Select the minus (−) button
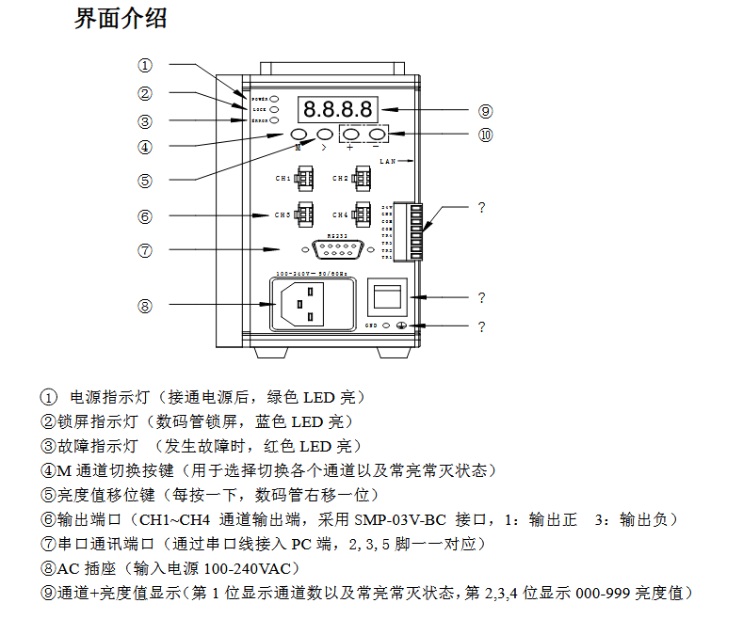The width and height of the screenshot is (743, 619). (377, 135)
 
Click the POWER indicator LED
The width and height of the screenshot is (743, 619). (274, 98)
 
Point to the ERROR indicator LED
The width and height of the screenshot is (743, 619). (274, 121)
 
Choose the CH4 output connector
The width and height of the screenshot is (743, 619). (362, 214)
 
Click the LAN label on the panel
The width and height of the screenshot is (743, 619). (389, 162)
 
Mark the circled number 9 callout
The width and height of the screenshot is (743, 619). (486, 110)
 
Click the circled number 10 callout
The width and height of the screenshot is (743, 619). (486, 135)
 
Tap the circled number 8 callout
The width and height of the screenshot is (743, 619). (144, 306)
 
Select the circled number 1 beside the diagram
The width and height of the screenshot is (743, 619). (144, 66)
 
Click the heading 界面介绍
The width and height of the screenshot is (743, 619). (121, 18)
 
